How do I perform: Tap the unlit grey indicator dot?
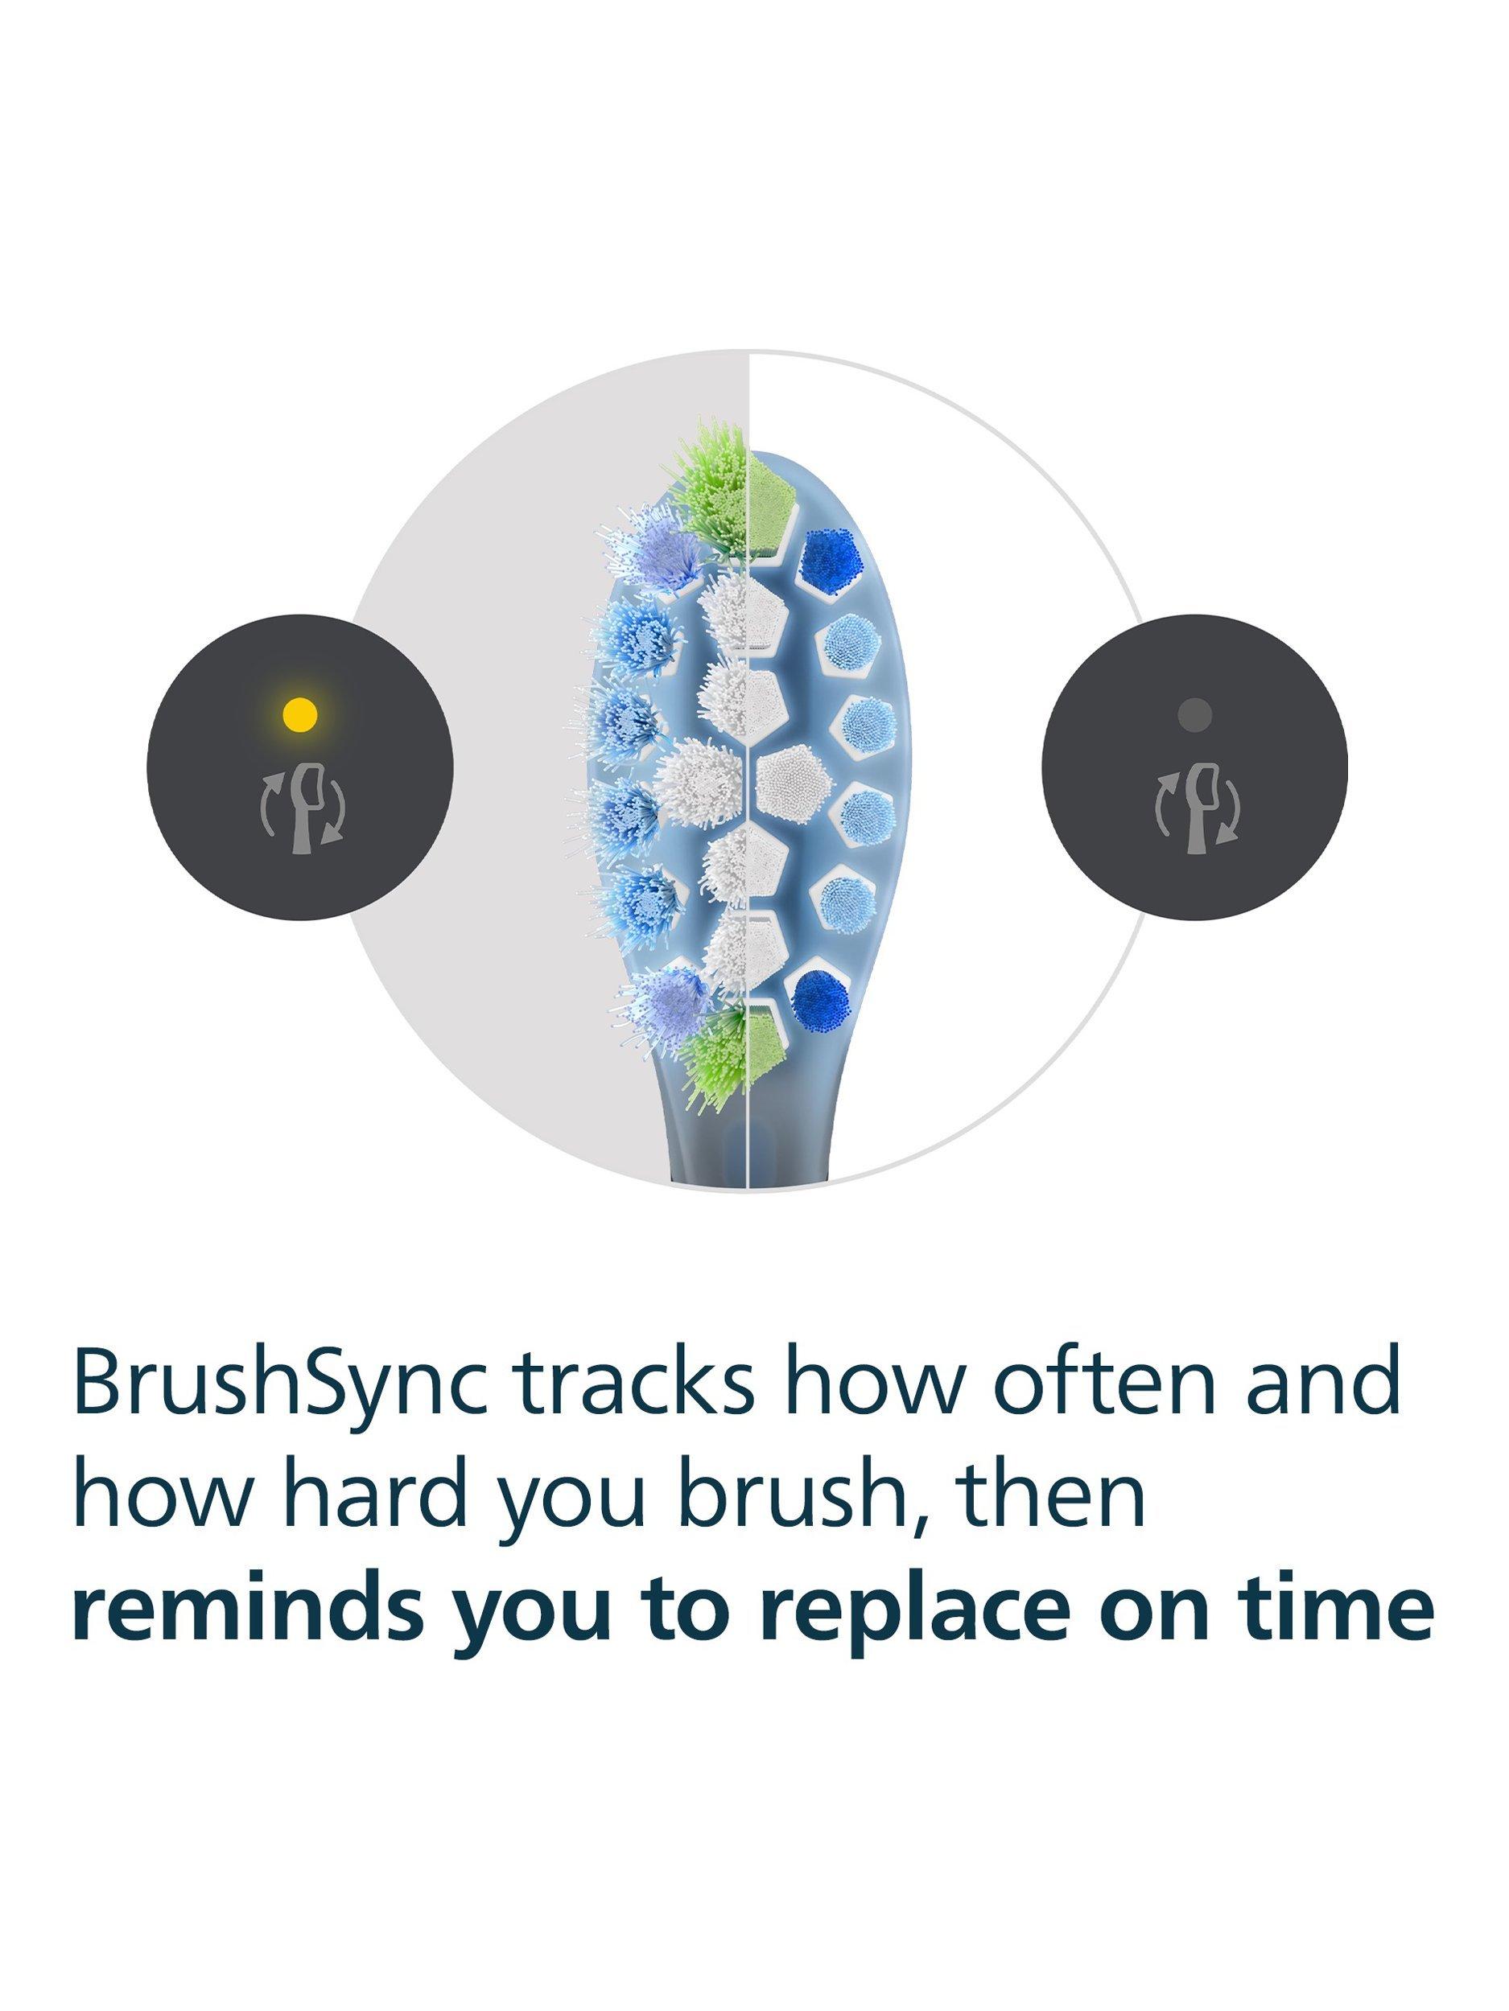[1194, 714]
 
